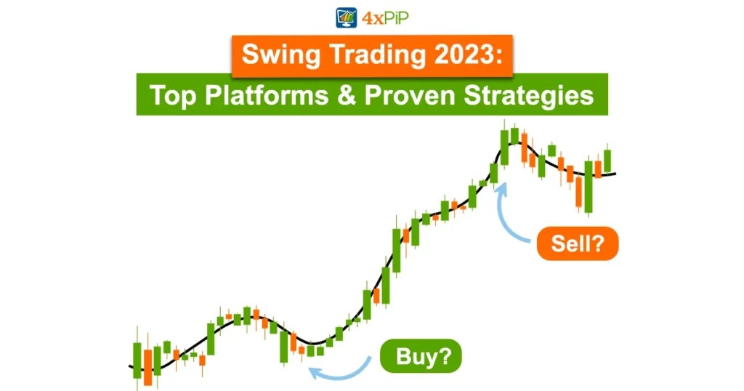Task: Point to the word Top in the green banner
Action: pos(169,94)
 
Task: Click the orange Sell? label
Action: pos(578,244)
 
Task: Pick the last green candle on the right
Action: pos(607,160)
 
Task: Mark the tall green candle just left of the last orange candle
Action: pos(589,185)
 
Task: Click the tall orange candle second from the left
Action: pos(147,367)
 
